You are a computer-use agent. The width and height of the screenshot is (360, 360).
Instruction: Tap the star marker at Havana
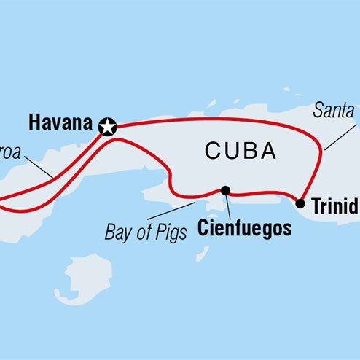pos(109,127)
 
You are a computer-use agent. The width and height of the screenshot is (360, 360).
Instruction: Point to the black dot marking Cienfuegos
pos(225,191)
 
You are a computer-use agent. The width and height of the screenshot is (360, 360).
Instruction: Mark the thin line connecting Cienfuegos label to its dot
pos(228,206)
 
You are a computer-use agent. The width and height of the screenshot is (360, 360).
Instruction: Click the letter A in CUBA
pos(268,152)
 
